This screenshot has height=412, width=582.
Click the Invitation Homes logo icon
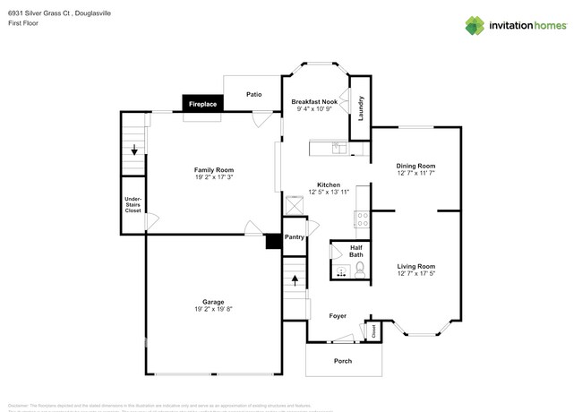point(475,25)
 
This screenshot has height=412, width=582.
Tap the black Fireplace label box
point(202,105)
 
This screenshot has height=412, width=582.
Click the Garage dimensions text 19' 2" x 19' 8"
point(213,310)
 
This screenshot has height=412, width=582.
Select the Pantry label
point(295,237)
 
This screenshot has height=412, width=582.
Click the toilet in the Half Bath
point(358,270)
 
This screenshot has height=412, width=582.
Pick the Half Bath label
point(355,251)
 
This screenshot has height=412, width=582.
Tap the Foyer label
point(338,316)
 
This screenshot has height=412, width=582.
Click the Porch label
point(343,361)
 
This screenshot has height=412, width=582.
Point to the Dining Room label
point(415,166)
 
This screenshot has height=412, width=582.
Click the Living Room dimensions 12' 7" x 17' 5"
point(415,274)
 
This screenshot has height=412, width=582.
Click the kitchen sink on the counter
point(337,148)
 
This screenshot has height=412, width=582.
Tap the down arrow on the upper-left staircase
point(134,150)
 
